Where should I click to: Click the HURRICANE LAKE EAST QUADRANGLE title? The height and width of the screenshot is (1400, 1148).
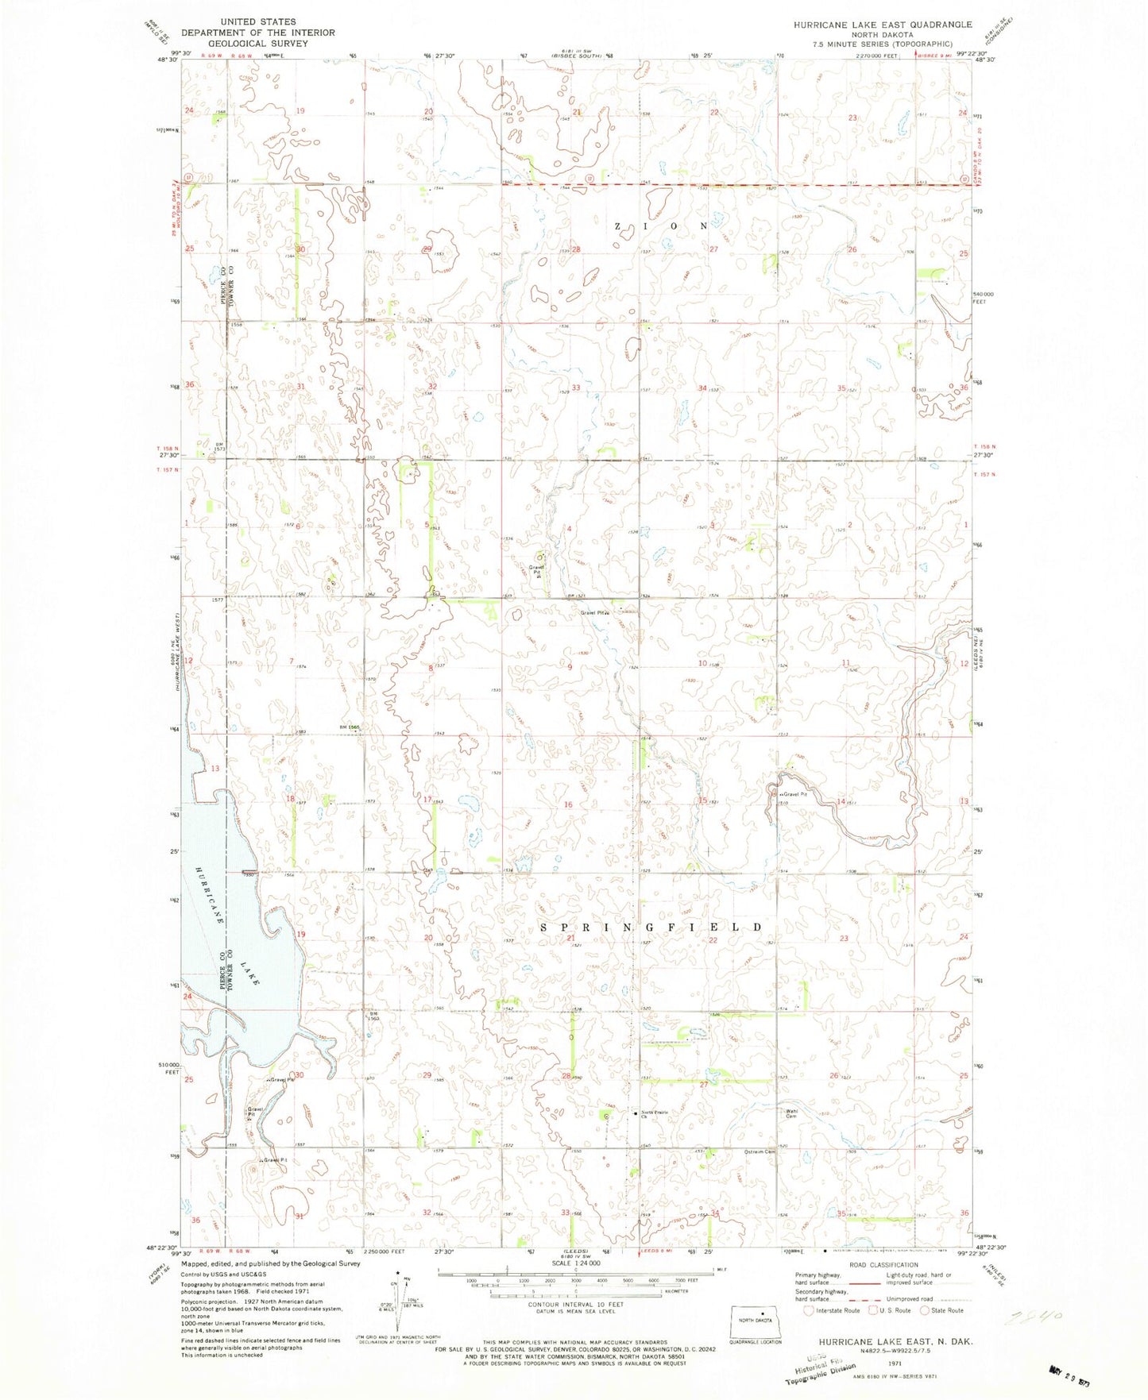[x=882, y=25]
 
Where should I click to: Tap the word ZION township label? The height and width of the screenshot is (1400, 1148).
[x=661, y=226]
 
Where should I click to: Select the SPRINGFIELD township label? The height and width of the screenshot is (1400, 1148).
[x=651, y=928]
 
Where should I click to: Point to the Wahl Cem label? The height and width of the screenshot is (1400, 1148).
[x=791, y=1114]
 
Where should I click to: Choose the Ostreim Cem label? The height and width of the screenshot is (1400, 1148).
[x=760, y=1151]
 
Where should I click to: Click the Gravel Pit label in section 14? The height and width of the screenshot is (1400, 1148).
[x=794, y=794]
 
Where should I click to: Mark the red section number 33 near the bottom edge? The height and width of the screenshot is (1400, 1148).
[x=566, y=1213]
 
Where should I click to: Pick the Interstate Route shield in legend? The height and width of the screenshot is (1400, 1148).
[x=808, y=1310]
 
